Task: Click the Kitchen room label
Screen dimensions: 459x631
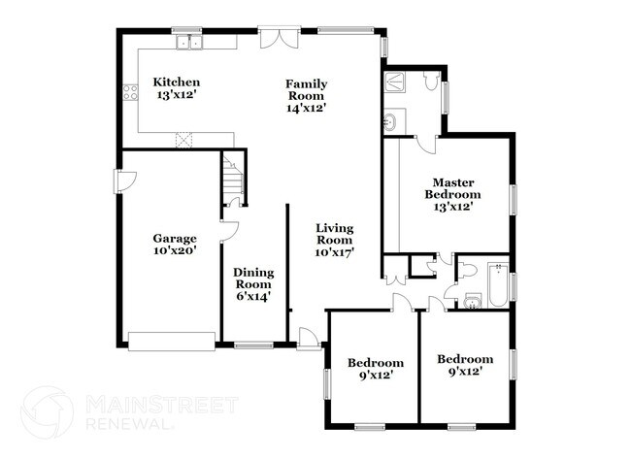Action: coord(177,82)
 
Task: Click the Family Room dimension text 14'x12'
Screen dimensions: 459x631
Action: coord(305,108)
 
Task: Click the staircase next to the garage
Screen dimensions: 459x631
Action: coord(231,179)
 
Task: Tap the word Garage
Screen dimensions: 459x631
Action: coord(175,238)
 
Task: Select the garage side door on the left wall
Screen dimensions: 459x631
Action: coord(124,181)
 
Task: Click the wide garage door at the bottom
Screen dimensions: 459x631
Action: coord(171,340)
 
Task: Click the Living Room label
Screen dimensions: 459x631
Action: coord(334,234)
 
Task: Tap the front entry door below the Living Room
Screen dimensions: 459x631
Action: coord(309,339)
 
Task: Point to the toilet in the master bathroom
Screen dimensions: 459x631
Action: coord(431,83)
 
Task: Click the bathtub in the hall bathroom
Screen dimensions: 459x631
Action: coord(496,285)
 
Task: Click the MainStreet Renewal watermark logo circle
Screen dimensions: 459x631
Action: coord(47,411)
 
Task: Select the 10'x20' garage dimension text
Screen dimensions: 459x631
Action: coord(175,250)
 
